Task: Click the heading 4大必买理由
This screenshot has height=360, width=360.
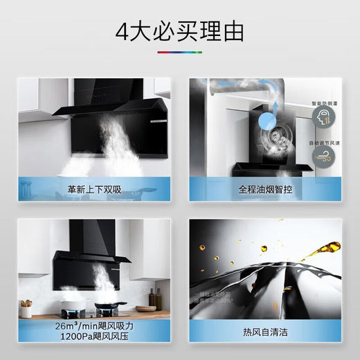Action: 179,31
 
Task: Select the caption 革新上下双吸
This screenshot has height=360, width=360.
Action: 94,188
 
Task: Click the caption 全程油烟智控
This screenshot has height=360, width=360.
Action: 266,188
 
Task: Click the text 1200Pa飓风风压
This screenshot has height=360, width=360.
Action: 94,337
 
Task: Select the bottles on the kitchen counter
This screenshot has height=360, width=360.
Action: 154,298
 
